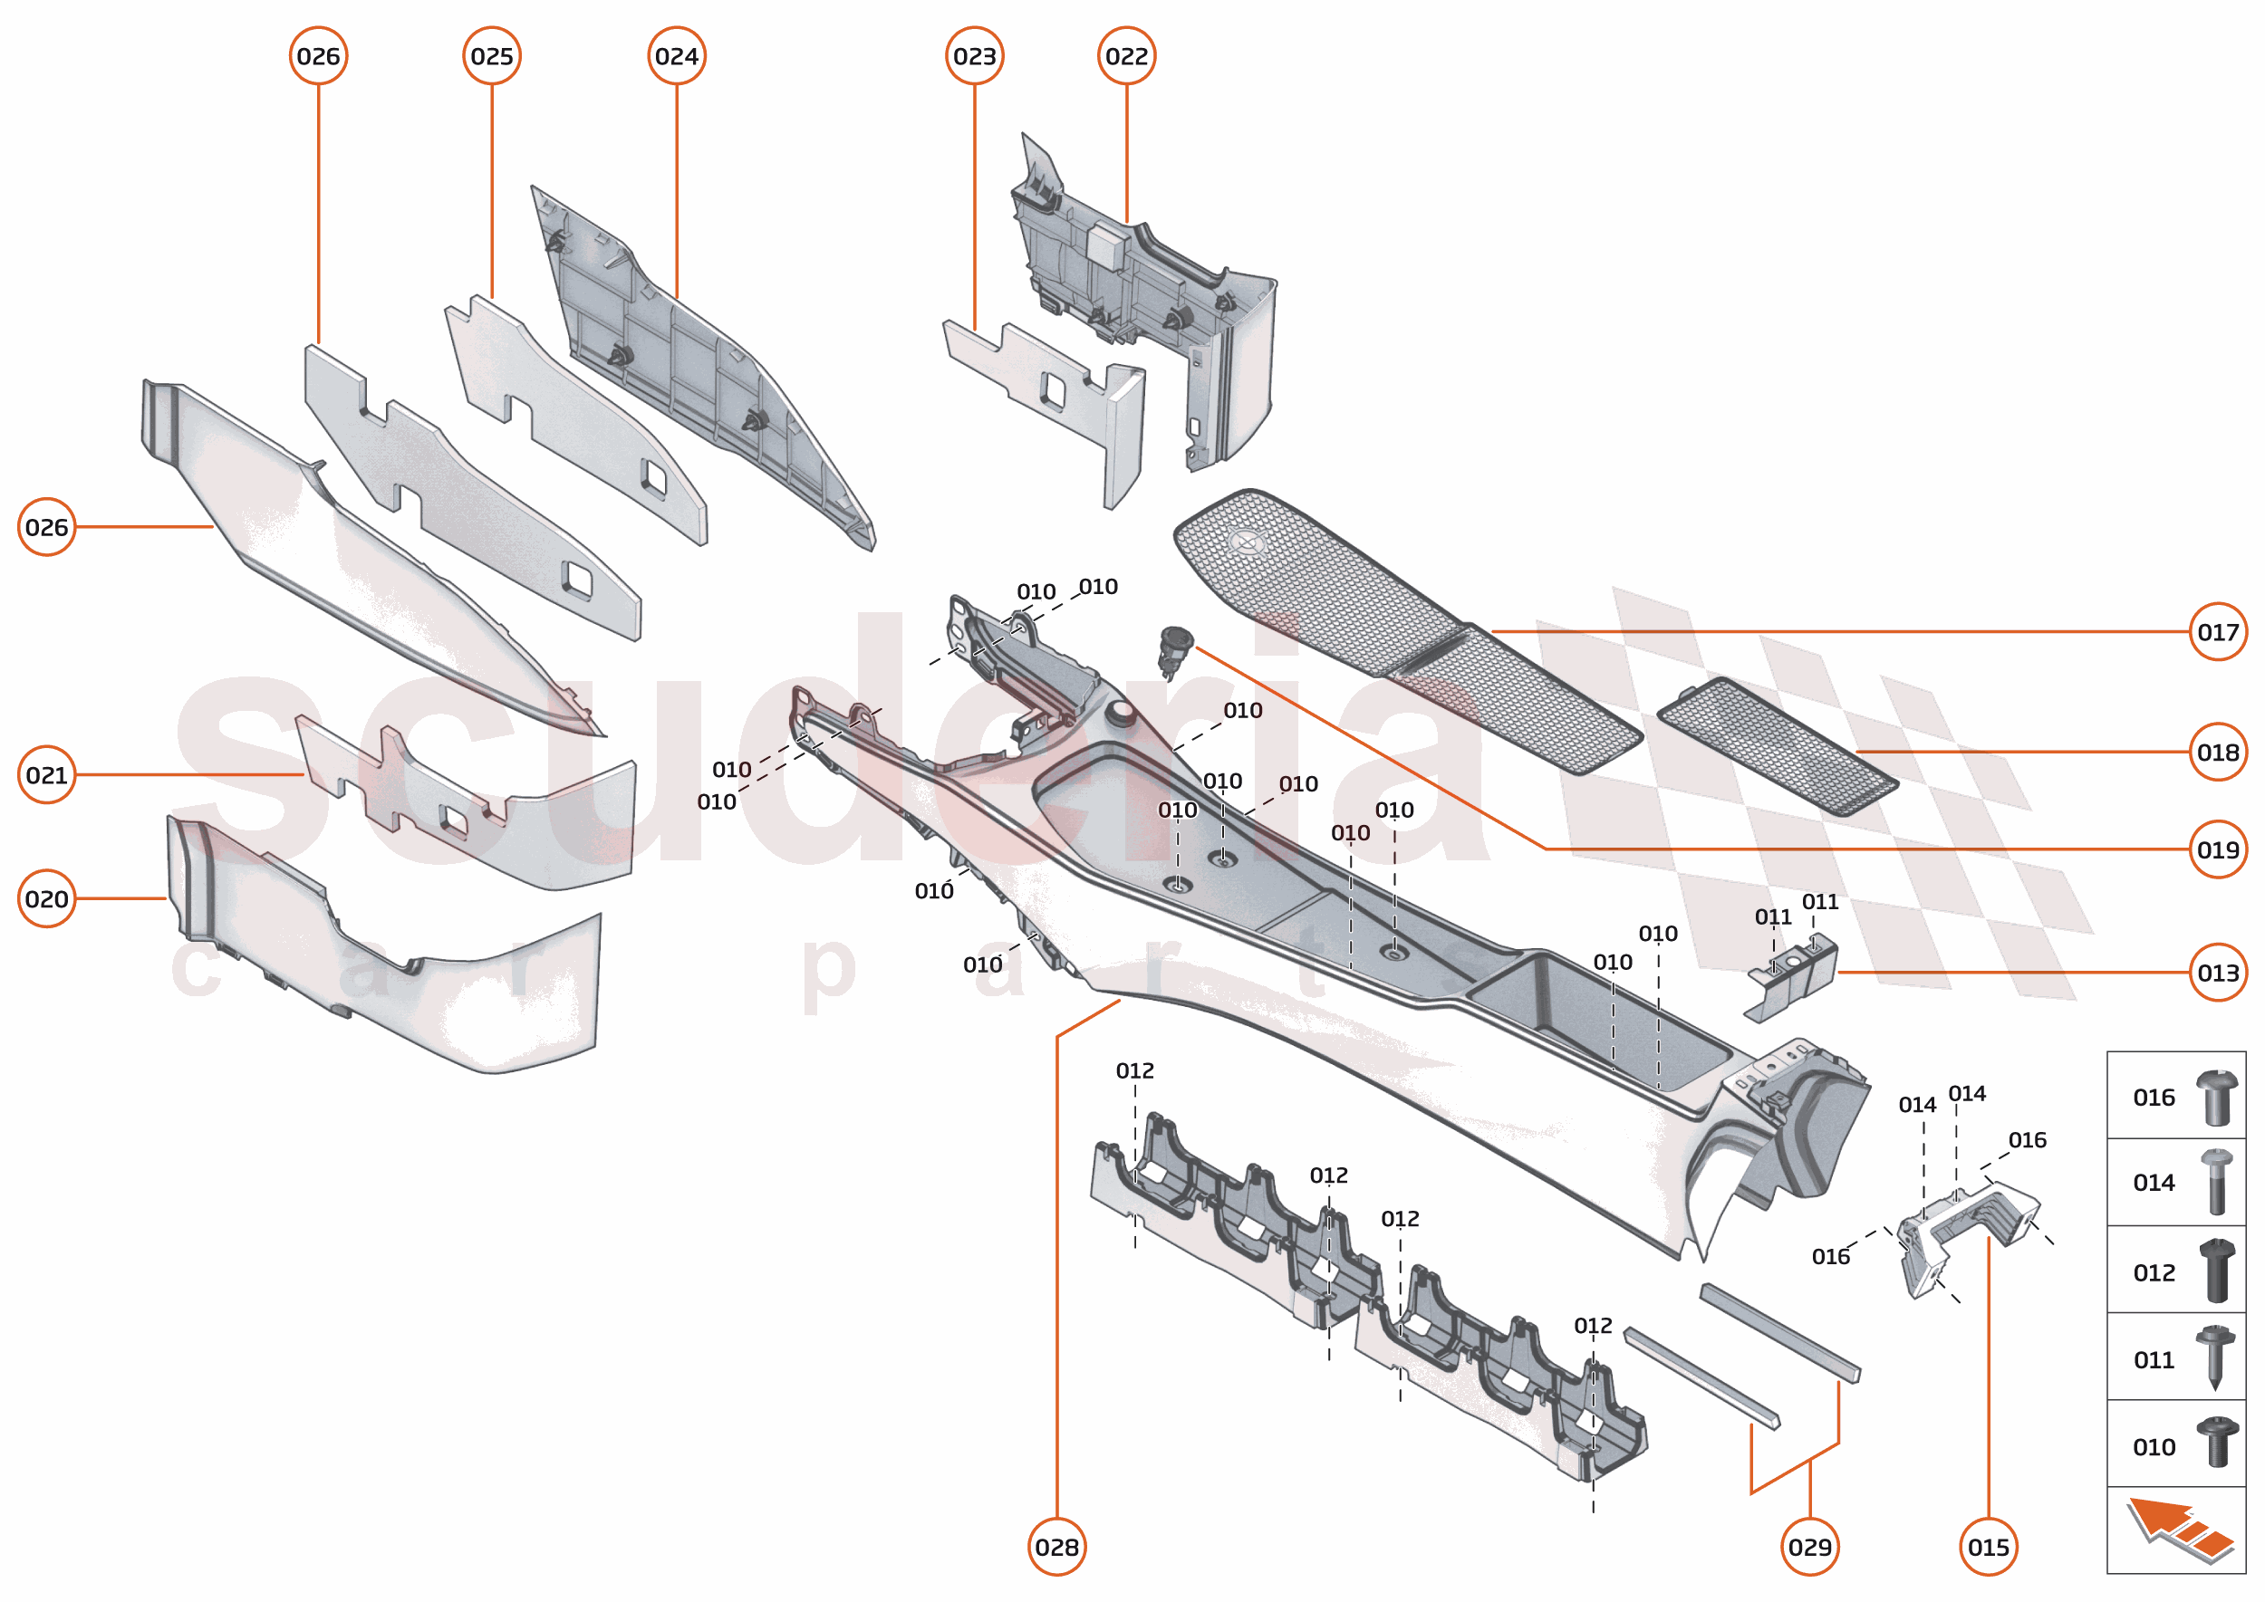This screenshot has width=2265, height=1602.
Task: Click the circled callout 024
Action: pyautogui.click(x=676, y=56)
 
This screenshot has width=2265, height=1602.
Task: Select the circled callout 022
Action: pyautogui.click(x=1126, y=56)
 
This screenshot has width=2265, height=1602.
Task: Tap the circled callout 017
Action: pyautogui.click(x=2218, y=631)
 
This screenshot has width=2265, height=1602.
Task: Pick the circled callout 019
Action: pyautogui.click(x=2218, y=849)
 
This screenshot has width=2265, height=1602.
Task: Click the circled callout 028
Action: pyautogui.click(x=1056, y=1547)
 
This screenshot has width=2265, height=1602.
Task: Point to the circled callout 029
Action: pyautogui.click(x=1809, y=1547)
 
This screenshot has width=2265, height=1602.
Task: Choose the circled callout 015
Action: pyautogui.click(x=1988, y=1547)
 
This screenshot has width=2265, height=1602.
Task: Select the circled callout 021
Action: pyautogui.click(x=46, y=774)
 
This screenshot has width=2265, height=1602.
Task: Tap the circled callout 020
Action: pyautogui.click(x=46, y=898)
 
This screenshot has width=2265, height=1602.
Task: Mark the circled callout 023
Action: pyautogui.click(x=974, y=56)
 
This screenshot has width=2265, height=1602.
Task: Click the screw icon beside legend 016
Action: pyautogui.click(x=2217, y=1097)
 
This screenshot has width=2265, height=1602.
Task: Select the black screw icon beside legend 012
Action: pyautogui.click(x=2217, y=1271)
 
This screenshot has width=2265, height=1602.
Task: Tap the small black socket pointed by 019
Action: pyautogui.click(x=1175, y=650)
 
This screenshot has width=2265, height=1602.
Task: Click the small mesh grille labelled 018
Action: pyautogui.click(x=1777, y=746)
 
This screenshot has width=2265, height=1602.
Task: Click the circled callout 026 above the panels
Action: pyautogui.click(x=318, y=56)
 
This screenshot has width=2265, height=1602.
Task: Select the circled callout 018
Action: pyautogui.click(x=2218, y=752)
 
